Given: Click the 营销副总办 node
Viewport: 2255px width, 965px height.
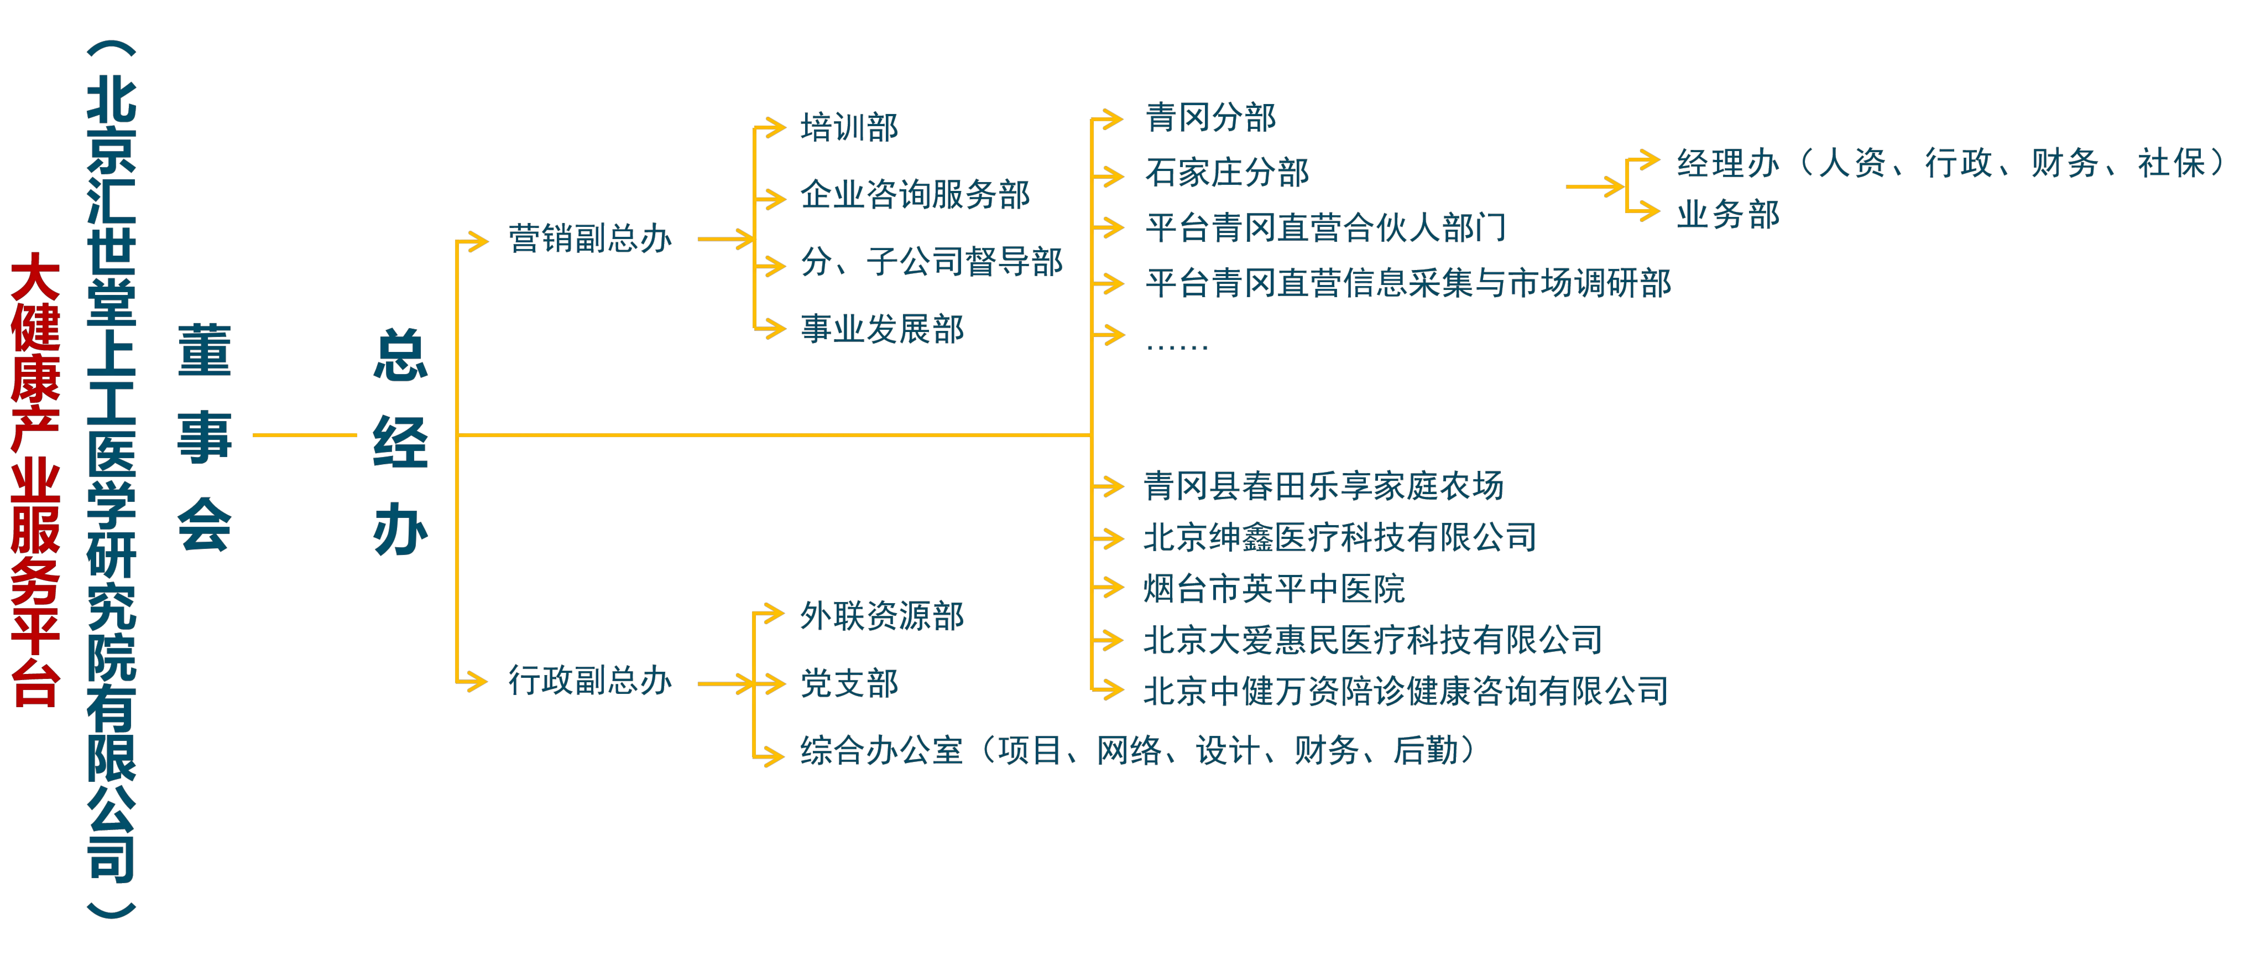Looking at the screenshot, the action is tap(590, 238).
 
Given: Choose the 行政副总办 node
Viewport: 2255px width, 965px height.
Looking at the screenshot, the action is tap(590, 680).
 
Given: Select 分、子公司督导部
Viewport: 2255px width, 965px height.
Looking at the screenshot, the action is tap(931, 261).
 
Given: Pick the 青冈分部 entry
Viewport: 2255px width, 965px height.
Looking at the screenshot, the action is tap(1211, 117).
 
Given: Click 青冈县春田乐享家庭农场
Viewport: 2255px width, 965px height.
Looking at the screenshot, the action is tap(1324, 485).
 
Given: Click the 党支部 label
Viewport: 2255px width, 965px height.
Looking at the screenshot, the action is tap(849, 683).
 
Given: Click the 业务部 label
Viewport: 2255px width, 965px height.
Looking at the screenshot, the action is tap(1728, 214).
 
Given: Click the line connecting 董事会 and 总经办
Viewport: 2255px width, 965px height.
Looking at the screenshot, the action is tap(305, 435).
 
